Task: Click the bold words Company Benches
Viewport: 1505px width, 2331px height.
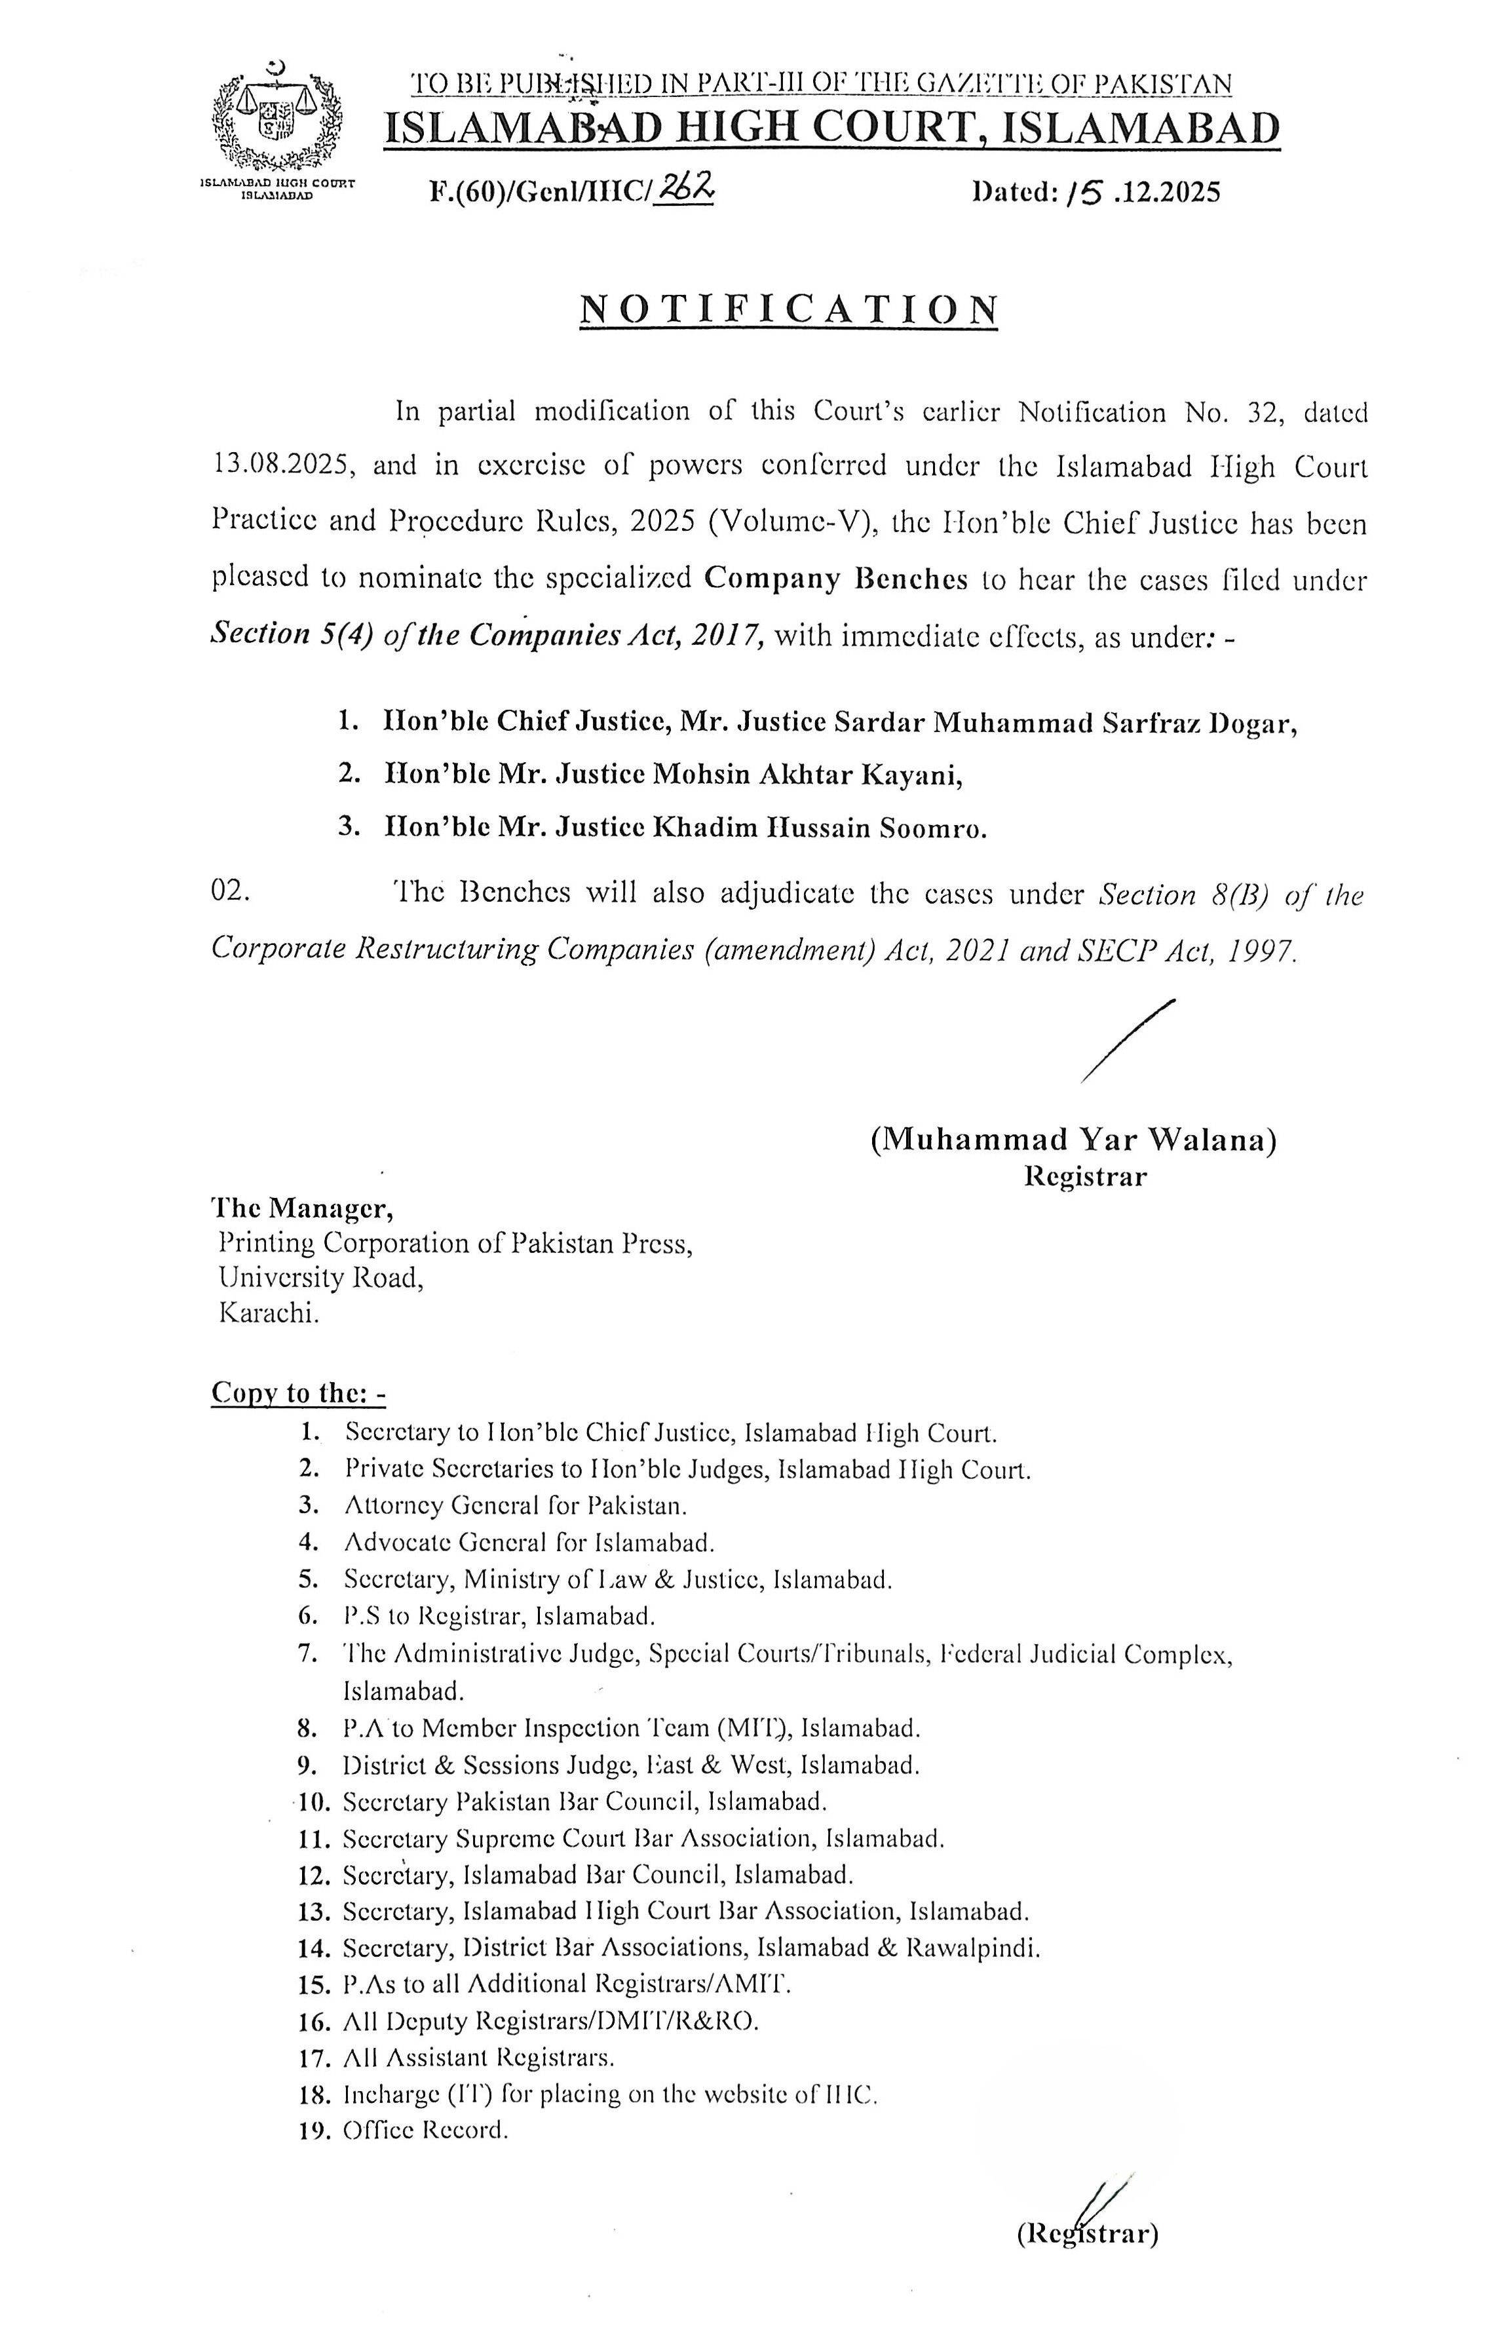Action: pyautogui.click(x=835, y=579)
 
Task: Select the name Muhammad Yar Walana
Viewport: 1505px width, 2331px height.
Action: pyautogui.click(x=1073, y=1140)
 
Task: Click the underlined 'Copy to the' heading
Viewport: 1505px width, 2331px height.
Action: pyautogui.click(x=298, y=1393)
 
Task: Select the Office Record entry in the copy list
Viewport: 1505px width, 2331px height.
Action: pyautogui.click(x=425, y=2130)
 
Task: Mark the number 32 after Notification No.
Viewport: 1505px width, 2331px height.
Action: pyautogui.click(x=1266, y=412)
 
